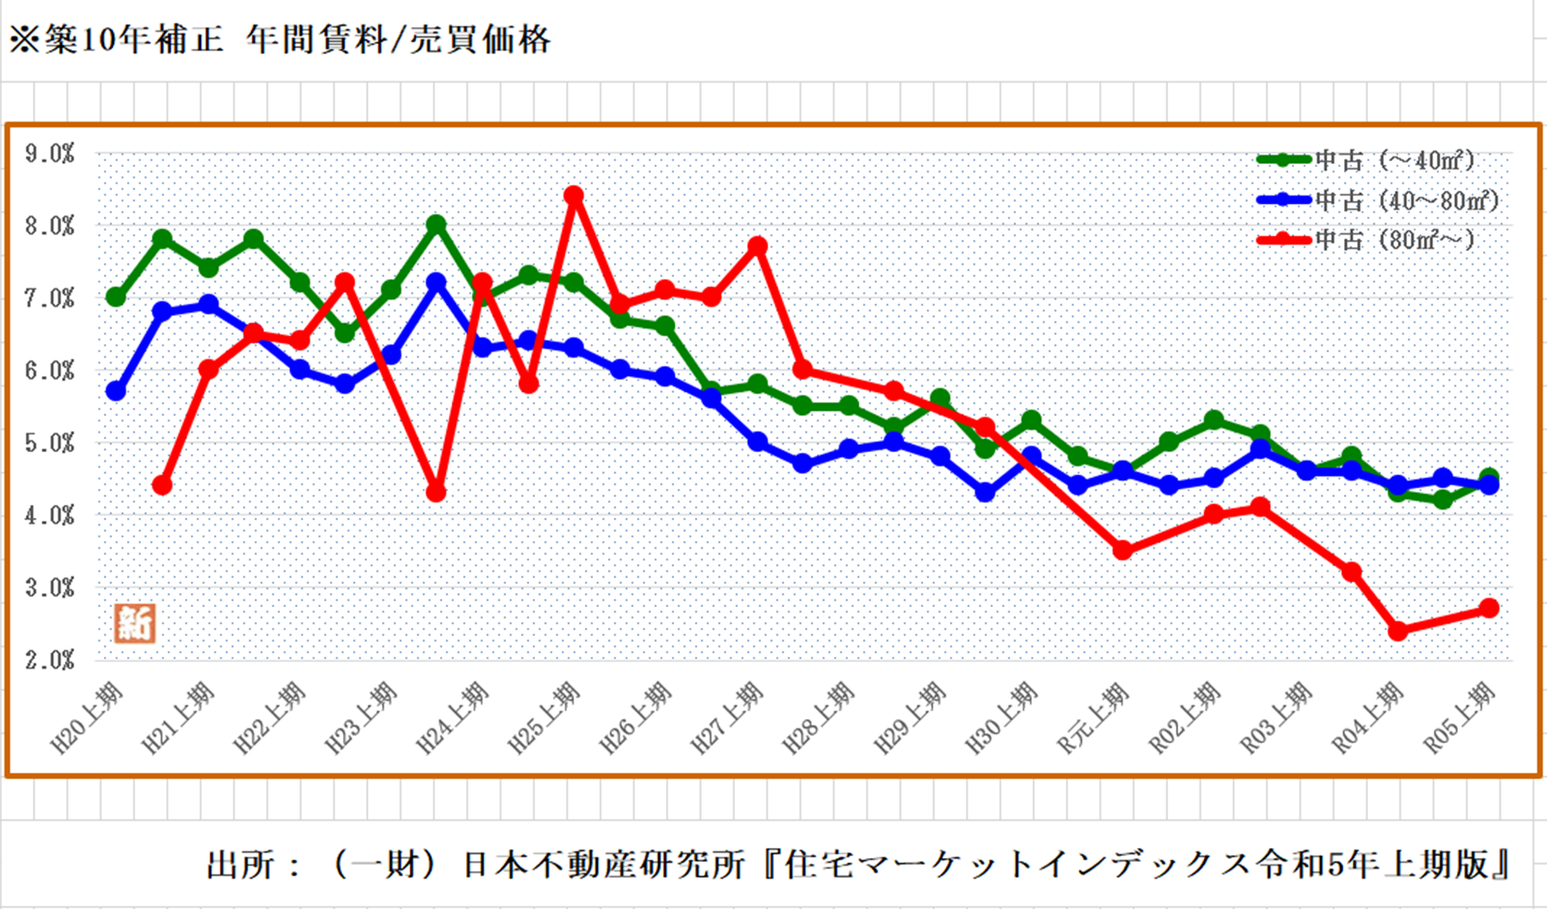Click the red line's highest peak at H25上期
(x=574, y=196)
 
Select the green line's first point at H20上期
(x=116, y=297)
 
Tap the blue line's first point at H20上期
(x=116, y=391)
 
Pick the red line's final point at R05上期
(x=1489, y=608)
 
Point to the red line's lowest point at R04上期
(x=1398, y=631)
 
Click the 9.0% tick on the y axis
(x=50, y=154)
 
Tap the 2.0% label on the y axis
(x=50, y=660)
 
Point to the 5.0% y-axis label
(x=50, y=443)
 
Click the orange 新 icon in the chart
(x=134, y=623)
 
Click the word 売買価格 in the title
(x=480, y=40)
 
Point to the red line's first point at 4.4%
(x=162, y=485)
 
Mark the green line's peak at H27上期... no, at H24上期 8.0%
(x=436, y=224)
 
